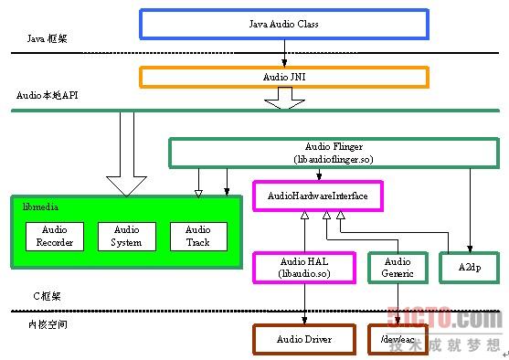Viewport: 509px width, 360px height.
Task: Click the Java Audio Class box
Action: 283,25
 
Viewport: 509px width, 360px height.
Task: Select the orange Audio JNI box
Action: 283,77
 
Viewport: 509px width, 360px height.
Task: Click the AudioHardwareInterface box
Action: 317,196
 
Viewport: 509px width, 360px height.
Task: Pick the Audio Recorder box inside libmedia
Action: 54,237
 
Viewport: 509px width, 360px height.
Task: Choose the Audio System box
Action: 126,237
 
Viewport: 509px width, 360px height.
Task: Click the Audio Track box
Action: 197,237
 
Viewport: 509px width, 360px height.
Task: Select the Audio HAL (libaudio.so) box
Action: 303,267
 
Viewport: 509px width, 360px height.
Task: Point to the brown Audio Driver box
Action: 303,339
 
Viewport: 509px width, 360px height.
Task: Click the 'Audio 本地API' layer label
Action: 48,95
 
